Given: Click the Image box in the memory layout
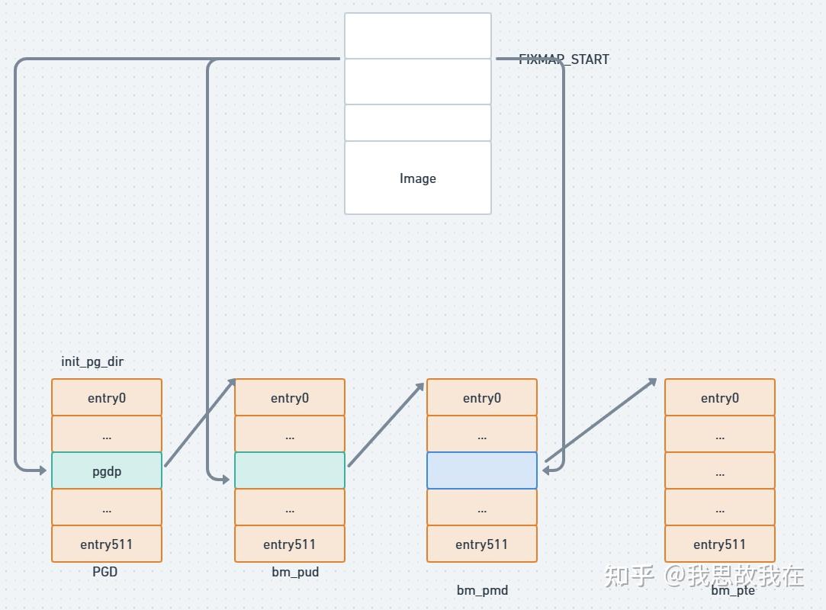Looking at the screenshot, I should click(417, 178).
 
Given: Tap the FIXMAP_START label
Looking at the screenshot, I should click(564, 59).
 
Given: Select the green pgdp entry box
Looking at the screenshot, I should click(107, 470).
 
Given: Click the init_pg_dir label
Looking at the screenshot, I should click(92, 361).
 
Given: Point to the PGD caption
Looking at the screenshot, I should click(105, 571).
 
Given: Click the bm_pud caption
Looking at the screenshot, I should click(295, 571).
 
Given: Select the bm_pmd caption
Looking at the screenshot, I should click(482, 589).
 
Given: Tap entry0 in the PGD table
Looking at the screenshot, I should click(107, 397).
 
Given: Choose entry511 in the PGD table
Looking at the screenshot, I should click(107, 544).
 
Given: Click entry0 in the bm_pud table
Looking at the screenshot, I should click(290, 397).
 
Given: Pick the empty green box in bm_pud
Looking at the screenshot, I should click(290, 470).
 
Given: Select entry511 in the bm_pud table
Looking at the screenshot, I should click(290, 544).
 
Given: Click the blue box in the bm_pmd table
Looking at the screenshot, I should click(482, 470).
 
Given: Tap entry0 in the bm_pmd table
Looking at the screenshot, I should click(482, 397).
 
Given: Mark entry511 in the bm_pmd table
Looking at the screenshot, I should click(482, 544).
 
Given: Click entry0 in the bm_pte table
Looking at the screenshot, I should click(720, 397).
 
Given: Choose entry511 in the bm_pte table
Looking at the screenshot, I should click(720, 544).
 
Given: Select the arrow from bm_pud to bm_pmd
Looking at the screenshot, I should click(386, 424).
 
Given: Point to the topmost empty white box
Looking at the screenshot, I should click(417, 36).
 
